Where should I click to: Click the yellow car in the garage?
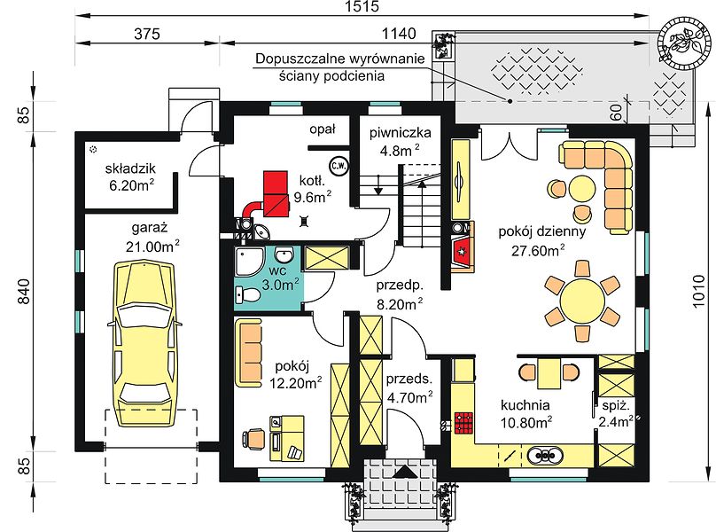tap(144, 344)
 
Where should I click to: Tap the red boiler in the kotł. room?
tap(275, 193)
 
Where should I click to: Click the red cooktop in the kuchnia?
tap(463, 422)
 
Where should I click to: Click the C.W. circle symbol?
tap(339, 166)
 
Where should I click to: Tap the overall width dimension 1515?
tap(362, 6)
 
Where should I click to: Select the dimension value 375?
tap(147, 34)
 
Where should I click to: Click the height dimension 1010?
tap(698, 291)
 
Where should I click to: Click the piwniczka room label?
tap(400, 133)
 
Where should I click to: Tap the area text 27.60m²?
tap(538, 250)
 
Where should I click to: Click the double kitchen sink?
tap(545, 455)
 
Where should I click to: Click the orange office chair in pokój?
tap(254, 439)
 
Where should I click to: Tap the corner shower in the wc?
tap(249, 262)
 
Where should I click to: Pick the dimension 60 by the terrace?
tap(616, 112)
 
